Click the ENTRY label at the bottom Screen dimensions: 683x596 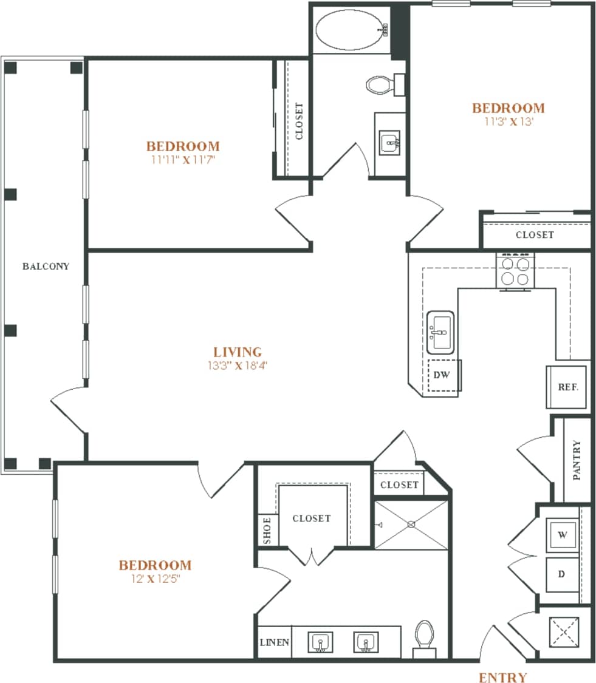(502, 678)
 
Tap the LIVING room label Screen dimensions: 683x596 (238, 352)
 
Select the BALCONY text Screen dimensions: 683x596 (46, 266)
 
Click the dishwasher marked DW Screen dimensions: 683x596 (442, 375)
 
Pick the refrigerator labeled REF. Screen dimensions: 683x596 (567, 387)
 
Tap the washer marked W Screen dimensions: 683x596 (562, 535)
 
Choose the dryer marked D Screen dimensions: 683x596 (562, 573)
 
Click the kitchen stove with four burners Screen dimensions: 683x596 (516, 271)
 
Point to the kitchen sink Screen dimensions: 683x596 (440, 332)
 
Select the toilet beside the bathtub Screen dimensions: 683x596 (382, 84)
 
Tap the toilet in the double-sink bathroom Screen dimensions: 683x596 (424, 636)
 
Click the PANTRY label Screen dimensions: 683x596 (577, 460)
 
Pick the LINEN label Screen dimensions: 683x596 (275, 642)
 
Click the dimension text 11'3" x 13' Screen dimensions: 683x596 (509, 121)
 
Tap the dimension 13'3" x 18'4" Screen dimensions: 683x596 (238, 365)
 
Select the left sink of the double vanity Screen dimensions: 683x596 (320, 642)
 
